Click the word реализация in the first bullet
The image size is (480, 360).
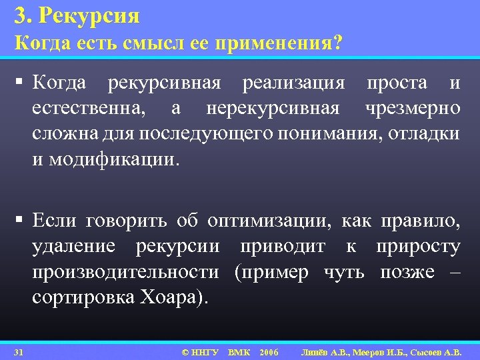pyautogui.click(x=293, y=83)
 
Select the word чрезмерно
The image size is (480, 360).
pyautogui.click(x=412, y=108)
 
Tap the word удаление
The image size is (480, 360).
pyautogui.click(x=73, y=246)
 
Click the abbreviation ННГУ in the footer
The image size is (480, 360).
pyautogui.click(x=205, y=351)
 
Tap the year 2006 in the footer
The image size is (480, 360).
pyautogui.click(x=269, y=351)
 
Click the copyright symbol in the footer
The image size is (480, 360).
pyautogui.click(x=185, y=351)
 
